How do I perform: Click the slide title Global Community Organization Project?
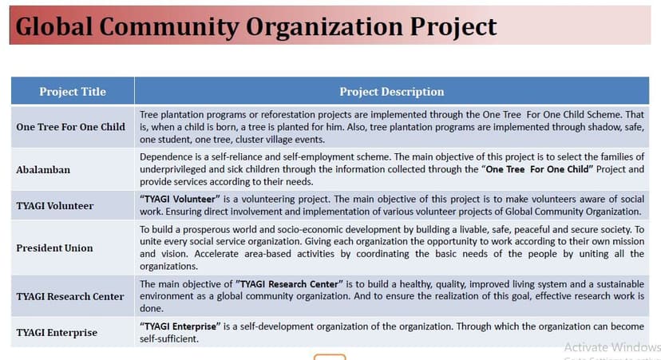(x=256, y=26)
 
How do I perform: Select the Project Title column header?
(x=73, y=92)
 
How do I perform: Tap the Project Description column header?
(x=392, y=92)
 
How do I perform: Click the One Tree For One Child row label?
(x=71, y=127)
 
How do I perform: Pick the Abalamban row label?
(x=43, y=169)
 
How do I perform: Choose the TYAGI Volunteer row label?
(x=55, y=206)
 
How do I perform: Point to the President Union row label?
(x=54, y=248)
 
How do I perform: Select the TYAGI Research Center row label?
(x=70, y=296)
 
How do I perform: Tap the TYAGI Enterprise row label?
(x=57, y=333)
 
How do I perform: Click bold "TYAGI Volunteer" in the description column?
(x=180, y=199)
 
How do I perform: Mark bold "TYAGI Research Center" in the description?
(x=290, y=284)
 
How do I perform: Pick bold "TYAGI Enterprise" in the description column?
(x=180, y=326)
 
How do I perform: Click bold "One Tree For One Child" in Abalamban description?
(x=537, y=169)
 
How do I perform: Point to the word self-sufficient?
(x=169, y=339)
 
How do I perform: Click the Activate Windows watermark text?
(x=612, y=347)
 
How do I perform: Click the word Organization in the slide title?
(x=324, y=27)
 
